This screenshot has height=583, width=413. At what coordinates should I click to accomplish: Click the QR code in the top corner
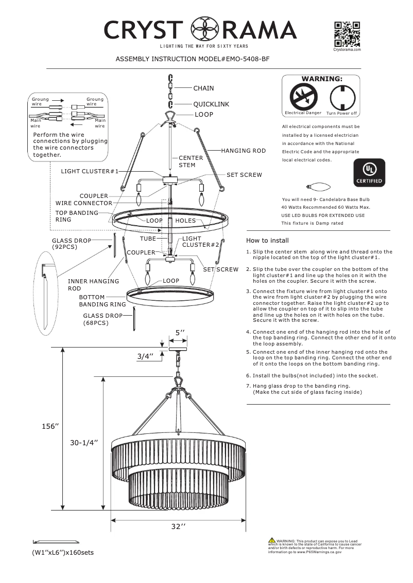click(x=347, y=34)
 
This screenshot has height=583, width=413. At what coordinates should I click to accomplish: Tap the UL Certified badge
click(x=368, y=172)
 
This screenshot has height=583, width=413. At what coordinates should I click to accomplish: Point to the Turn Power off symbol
click(x=340, y=96)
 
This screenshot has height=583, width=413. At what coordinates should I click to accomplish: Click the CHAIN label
click(x=203, y=88)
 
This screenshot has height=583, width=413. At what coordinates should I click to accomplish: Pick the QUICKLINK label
click(x=211, y=104)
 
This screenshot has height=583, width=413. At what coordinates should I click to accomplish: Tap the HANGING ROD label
click(x=243, y=151)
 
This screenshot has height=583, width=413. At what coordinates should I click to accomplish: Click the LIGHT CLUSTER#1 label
click(x=90, y=171)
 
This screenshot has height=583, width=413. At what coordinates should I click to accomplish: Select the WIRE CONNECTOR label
click(x=83, y=203)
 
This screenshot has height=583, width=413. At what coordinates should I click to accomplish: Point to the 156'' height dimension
click(x=50, y=427)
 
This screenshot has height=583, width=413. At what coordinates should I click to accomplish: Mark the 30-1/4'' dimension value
click(x=84, y=442)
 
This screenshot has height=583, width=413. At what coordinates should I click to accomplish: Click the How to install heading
click(x=267, y=240)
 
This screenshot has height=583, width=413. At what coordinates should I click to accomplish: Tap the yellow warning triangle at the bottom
click(x=271, y=539)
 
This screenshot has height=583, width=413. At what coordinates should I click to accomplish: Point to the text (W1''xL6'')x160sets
click(x=63, y=553)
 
